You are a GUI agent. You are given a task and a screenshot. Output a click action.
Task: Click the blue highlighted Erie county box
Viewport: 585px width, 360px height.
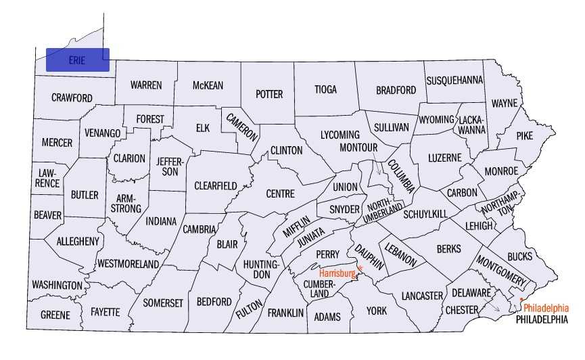[77, 60]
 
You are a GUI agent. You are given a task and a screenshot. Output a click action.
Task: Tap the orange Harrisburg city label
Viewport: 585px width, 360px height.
[337, 273]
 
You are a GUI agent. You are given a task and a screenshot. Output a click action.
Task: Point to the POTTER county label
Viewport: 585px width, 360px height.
[269, 94]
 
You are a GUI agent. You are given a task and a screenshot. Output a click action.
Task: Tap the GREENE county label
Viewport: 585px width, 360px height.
[55, 315]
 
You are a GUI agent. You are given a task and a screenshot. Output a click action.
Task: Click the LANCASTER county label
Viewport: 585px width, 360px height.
[421, 296]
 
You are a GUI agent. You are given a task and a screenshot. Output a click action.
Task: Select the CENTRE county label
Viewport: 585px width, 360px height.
[280, 194]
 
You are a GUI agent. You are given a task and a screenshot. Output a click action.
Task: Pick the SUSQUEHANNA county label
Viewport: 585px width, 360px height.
[454, 80]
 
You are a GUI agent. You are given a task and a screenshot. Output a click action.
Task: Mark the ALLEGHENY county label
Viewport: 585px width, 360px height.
[78, 241]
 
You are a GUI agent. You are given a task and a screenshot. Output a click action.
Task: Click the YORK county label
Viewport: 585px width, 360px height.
[377, 311]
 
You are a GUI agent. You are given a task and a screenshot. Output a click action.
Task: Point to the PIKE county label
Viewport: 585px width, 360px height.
[524, 135]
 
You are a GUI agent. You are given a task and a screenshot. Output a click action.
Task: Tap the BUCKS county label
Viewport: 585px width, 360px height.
[519, 256]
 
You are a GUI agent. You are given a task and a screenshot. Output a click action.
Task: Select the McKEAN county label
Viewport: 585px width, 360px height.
[208, 85]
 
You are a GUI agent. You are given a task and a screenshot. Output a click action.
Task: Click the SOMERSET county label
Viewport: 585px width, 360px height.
[163, 303]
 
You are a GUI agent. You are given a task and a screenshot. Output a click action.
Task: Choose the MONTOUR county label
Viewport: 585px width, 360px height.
[358, 147]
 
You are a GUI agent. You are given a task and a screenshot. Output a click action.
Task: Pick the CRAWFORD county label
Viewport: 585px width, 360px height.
[72, 97]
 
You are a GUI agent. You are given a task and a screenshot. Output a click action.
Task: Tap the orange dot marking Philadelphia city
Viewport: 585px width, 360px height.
[521, 299]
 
